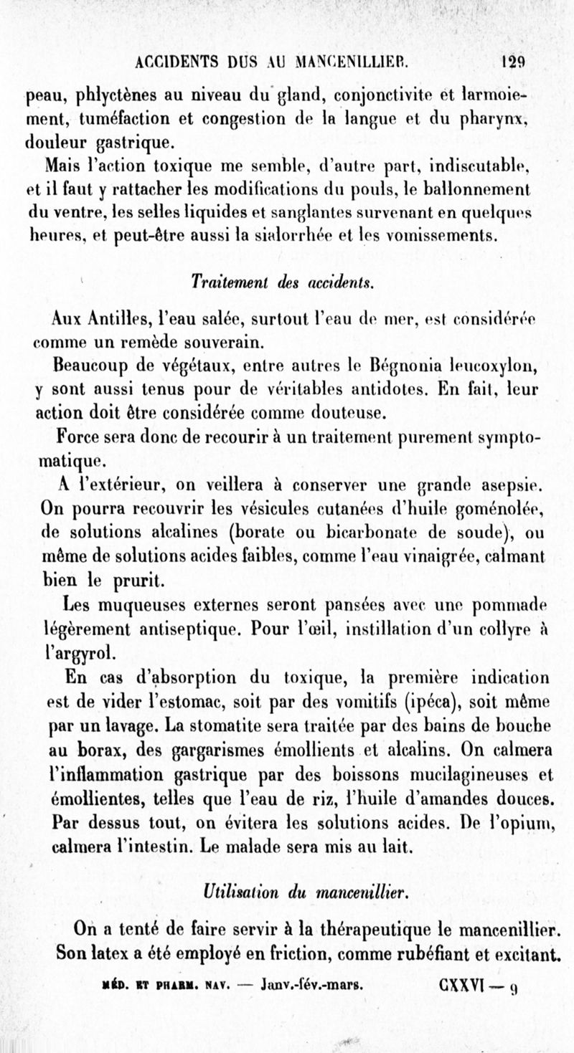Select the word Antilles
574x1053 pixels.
tap(113, 316)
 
